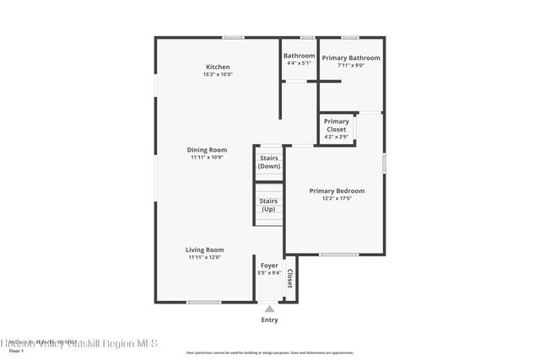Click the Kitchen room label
(x=218, y=67)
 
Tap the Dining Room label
(x=207, y=150)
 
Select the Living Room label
(x=205, y=250)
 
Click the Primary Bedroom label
(x=337, y=191)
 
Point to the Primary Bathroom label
(x=351, y=58)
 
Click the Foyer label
(x=269, y=266)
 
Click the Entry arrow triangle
(x=269, y=309)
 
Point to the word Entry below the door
(x=269, y=320)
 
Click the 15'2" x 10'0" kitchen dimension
(x=218, y=75)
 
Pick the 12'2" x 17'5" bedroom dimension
(x=337, y=199)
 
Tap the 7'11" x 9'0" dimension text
(x=351, y=66)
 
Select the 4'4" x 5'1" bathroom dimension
(x=299, y=63)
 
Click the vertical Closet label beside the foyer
(x=289, y=279)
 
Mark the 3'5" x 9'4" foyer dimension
(x=269, y=273)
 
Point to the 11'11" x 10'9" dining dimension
(x=207, y=158)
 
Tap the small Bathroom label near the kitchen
(x=299, y=56)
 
